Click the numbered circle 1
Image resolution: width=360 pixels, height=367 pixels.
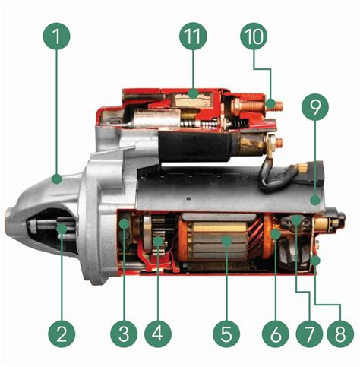tap(56, 36)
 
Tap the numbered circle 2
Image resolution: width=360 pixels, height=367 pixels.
tap(62, 334)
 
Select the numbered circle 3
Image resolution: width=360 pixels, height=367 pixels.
tap(124, 334)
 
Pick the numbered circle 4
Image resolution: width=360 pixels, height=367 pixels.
tap(158, 334)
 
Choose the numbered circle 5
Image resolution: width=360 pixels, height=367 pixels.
tap(226, 334)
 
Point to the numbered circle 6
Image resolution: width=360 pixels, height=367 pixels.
tap(276, 334)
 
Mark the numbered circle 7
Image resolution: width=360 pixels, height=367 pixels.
tap(309, 334)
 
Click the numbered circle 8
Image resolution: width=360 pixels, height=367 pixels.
tap(340, 334)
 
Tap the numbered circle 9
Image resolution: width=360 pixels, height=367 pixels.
tap(315, 106)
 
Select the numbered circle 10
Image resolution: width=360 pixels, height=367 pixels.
tap(254, 36)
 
